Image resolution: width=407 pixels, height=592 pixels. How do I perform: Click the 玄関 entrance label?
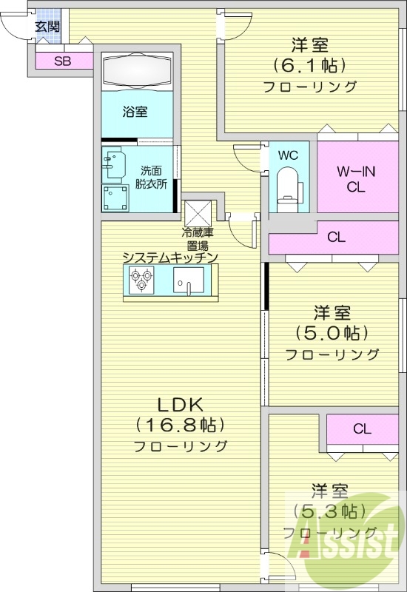(x=47, y=27)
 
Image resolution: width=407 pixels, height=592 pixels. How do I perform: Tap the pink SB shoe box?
(x=63, y=61)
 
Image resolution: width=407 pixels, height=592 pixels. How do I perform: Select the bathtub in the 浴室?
(x=136, y=71)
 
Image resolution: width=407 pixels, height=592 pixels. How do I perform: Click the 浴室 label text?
(x=135, y=112)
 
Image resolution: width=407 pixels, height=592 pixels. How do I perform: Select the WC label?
(x=288, y=155)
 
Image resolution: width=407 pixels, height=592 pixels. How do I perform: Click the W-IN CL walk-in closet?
(x=357, y=179)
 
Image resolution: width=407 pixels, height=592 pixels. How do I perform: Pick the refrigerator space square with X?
(x=198, y=213)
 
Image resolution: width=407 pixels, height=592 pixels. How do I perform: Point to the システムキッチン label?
(x=170, y=258)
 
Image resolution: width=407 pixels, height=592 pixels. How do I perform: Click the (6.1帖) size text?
(x=309, y=65)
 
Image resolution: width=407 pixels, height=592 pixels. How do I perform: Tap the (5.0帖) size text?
(x=332, y=332)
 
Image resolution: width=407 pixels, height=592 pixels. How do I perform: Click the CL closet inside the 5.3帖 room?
(x=362, y=428)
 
